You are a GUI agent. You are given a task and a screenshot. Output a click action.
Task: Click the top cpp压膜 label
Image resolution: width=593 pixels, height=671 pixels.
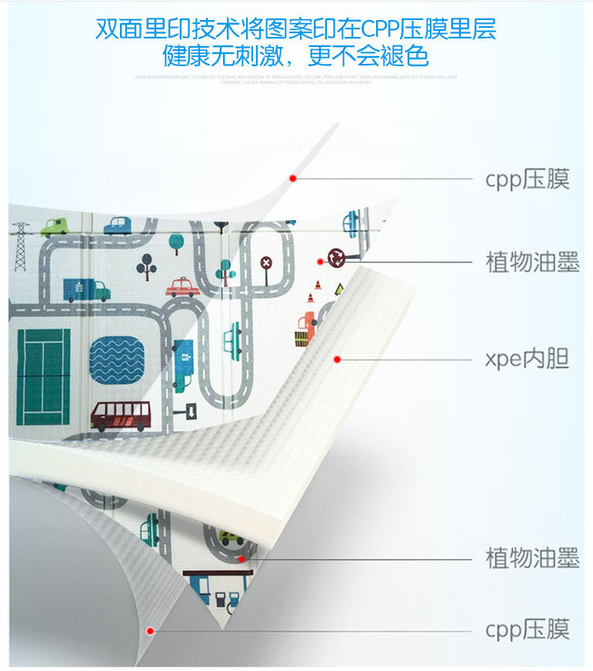(527, 179)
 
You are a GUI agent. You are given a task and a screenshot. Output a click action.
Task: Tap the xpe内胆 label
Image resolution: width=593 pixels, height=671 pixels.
(527, 359)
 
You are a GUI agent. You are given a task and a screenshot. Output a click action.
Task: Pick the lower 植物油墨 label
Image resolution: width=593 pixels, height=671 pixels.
(532, 558)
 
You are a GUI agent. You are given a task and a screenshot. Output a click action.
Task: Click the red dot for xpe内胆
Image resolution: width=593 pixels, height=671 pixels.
(336, 359)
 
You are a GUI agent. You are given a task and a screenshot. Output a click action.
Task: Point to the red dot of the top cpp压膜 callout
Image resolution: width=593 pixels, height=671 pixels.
(292, 179)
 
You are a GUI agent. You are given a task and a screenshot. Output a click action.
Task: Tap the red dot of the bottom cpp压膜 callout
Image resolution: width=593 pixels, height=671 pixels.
(151, 630)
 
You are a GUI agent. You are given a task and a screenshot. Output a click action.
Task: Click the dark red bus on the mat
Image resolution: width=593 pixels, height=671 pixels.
(120, 416)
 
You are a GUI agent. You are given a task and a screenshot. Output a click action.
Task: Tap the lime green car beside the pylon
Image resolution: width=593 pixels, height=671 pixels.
(55, 227)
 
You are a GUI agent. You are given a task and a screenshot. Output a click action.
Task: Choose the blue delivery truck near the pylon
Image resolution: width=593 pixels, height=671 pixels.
(86, 289)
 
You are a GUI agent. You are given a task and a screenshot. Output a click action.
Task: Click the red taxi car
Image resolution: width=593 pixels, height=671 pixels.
(184, 287)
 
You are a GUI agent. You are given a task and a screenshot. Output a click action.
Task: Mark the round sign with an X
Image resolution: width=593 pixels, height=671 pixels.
(266, 262)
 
